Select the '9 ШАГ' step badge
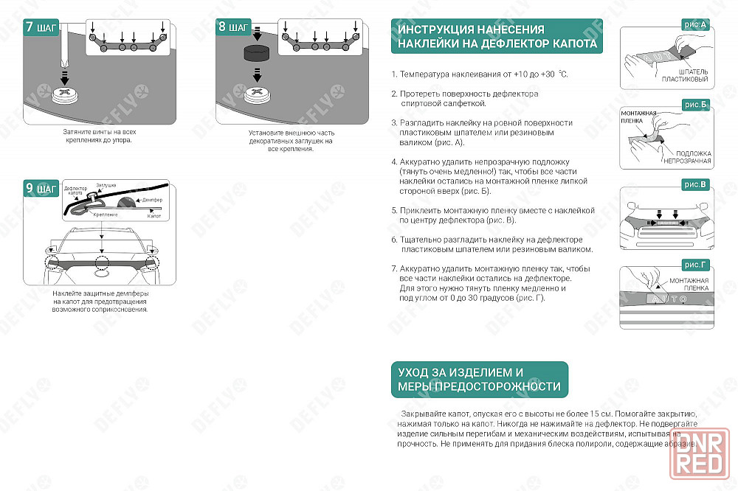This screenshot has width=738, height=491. coord(41,188)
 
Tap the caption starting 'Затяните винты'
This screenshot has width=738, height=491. coord(97,136)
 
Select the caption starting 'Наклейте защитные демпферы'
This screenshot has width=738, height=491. coord(100,301)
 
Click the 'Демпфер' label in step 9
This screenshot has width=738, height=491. coord(151,201)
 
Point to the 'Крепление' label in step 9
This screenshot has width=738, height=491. coord(106,215)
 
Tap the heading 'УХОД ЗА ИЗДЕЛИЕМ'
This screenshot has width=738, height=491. coord(479,380)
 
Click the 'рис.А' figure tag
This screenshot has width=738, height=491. coord(696,26)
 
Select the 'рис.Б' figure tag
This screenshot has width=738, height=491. coord(696,105)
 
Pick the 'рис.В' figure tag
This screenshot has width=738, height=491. coord(696,184)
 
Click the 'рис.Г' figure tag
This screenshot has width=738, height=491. coord(696,264)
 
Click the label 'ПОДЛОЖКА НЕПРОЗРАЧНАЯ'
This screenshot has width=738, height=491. coord(687,157)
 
